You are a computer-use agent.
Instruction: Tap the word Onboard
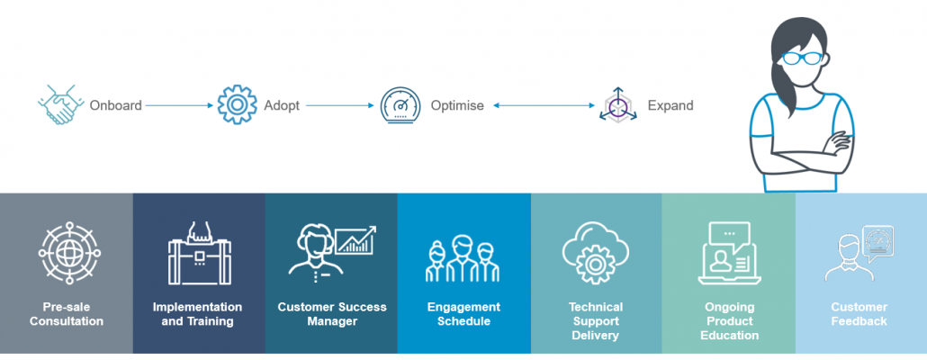click(115, 105)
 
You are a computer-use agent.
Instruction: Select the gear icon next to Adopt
click(237, 105)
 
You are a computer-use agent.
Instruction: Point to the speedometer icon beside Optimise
click(400, 105)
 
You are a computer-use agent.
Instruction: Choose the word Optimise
click(458, 105)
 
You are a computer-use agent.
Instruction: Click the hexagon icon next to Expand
click(618, 106)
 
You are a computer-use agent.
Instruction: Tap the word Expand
click(670, 105)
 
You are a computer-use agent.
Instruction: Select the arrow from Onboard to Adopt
click(180, 105)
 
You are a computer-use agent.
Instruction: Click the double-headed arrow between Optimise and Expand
click(540, 105)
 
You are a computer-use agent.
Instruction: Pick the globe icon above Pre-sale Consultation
click(66, 254)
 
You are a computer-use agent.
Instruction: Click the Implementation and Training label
click(198, 314)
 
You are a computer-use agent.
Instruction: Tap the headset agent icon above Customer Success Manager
click(315, 248)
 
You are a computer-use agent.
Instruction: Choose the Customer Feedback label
click(859, 314)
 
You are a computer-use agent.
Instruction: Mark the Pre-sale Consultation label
click(66, 314)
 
